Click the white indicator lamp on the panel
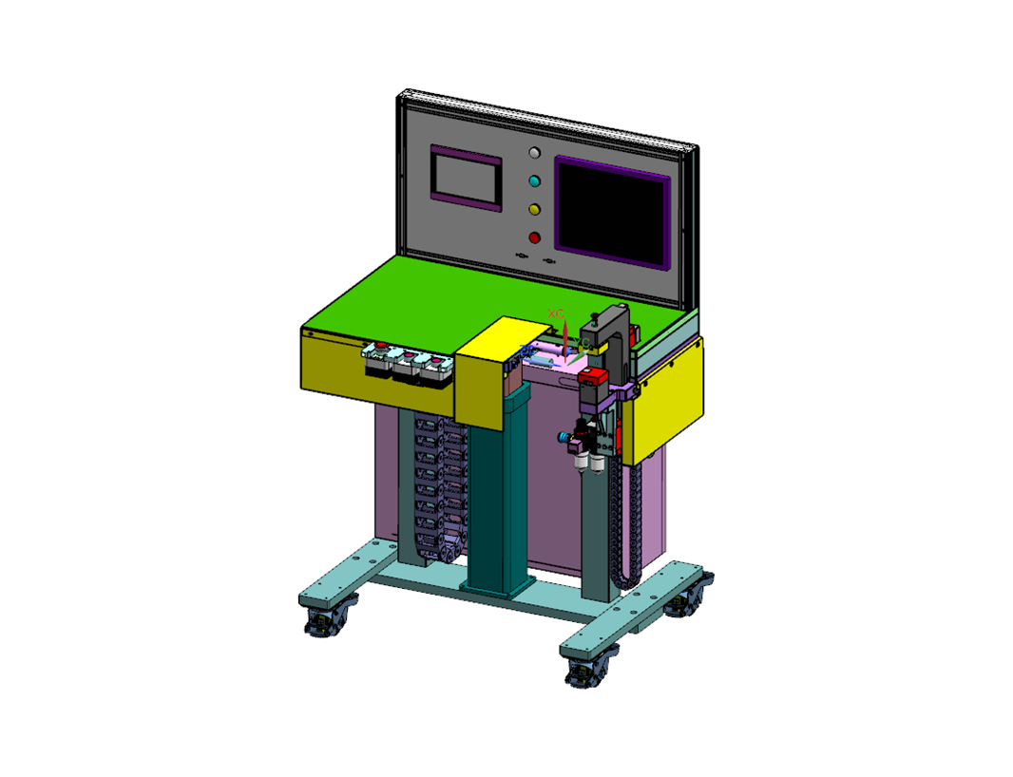(534, 152)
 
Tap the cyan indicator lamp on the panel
(534, 180)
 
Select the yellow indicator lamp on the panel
(534, 209)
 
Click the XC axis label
(556, 313)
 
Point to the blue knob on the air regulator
(564, 437)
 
